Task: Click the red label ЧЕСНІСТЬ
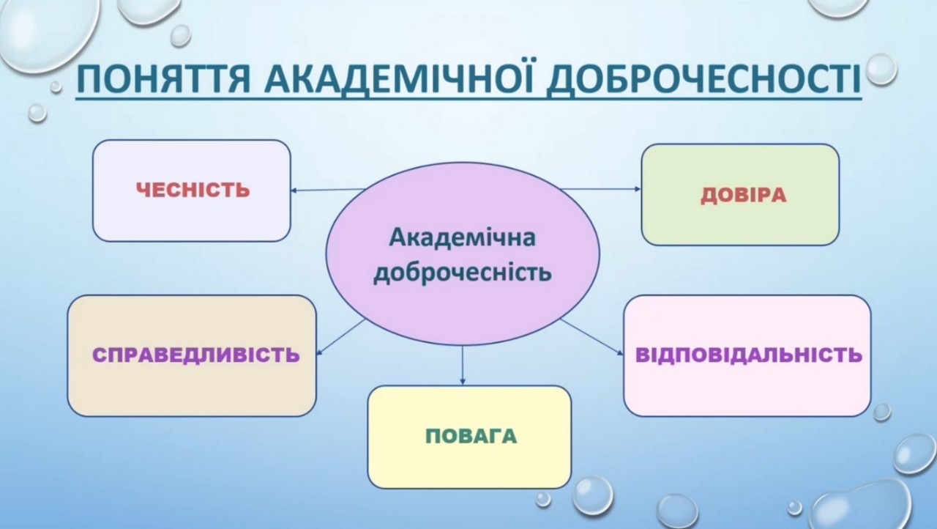pyautogui.click(x=193, y=190)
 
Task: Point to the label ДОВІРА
pyautogui.click(x=743, y=196)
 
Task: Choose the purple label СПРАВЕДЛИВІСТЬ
pyautogui.click(x=195, y=355)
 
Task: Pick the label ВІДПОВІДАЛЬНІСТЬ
pyautogui.click(x=749, y=355)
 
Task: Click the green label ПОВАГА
pyautogui.click(x=471, y=437)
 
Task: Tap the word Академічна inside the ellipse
pyautogui.click(x=462, y=237)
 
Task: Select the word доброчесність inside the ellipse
pyautogui.click(x=462, y=273)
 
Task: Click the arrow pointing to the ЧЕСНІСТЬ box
pyautogui.click(x=328, y=190)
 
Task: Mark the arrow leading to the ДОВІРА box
pyautogui.click(x=601, y=189)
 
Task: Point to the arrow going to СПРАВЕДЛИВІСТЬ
pyautogui.click(x=340, y=337)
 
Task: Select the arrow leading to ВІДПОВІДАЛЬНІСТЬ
pyautogui.click(x=591, y=337)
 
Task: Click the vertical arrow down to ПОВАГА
pyautogui.click(x=462, y=365)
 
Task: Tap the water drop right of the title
pyautogui.click(x=881, y=70)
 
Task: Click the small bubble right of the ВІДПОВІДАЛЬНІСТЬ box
pyautogui.click(x=882, y=413)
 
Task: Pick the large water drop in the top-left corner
pyautogui.click(x=48, y=32)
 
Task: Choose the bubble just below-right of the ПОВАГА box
pyautogui.click(x=592, y=496)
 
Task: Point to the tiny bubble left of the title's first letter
pyautogui.click(x=56, y=86)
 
